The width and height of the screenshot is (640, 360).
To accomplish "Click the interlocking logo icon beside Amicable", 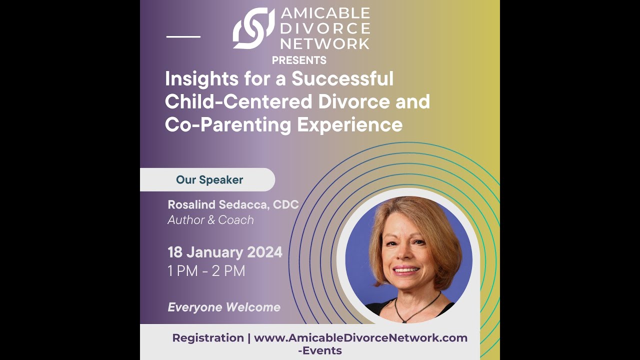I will (x=253, y=28).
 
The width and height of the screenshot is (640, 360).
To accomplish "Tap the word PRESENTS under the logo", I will (x=299, y=60).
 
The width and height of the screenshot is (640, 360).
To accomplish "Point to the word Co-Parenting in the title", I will (x=227, y=124).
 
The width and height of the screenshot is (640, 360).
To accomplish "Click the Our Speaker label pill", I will (x=209, y=180).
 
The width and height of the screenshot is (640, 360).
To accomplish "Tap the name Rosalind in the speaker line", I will (x=192, y=204).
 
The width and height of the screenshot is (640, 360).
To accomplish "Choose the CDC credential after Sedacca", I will (x=285, y=204).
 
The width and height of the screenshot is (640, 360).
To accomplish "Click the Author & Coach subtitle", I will (x=210, y=220).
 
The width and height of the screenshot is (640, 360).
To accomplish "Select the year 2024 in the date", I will (x=263, y=252).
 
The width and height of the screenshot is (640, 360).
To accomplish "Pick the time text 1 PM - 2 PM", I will (x=206, y=271).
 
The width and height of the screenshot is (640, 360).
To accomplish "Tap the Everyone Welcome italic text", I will (x=224, y=307).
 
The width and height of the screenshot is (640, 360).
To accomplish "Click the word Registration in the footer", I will (x=208, y=338).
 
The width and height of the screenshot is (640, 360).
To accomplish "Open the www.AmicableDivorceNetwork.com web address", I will (x=360, y=338).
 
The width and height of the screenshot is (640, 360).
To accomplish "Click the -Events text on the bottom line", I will (x=320, y=350).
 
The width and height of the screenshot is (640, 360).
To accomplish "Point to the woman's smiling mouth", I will (x=405, y=270).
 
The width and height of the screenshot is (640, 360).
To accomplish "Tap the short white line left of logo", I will (x=183, y=36).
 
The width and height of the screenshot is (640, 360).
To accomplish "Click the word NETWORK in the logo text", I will (x=324, y=43).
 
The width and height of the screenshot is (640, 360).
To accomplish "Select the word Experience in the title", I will (x=350, y=124).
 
